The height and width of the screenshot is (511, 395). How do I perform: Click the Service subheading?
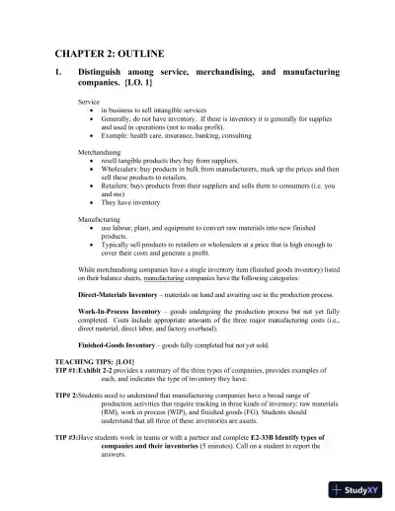[90, 103]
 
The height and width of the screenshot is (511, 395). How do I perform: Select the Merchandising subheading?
[102, 153]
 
